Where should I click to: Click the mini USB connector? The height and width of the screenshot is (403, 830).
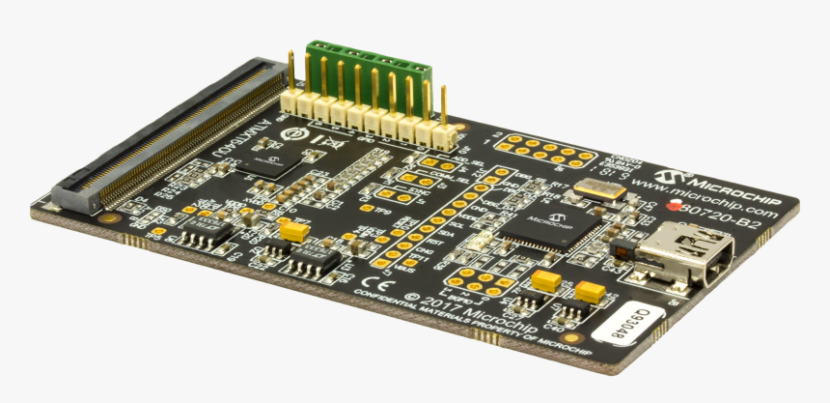[x=676, y=253]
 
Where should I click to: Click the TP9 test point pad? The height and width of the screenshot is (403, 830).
[x=367, y=206]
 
